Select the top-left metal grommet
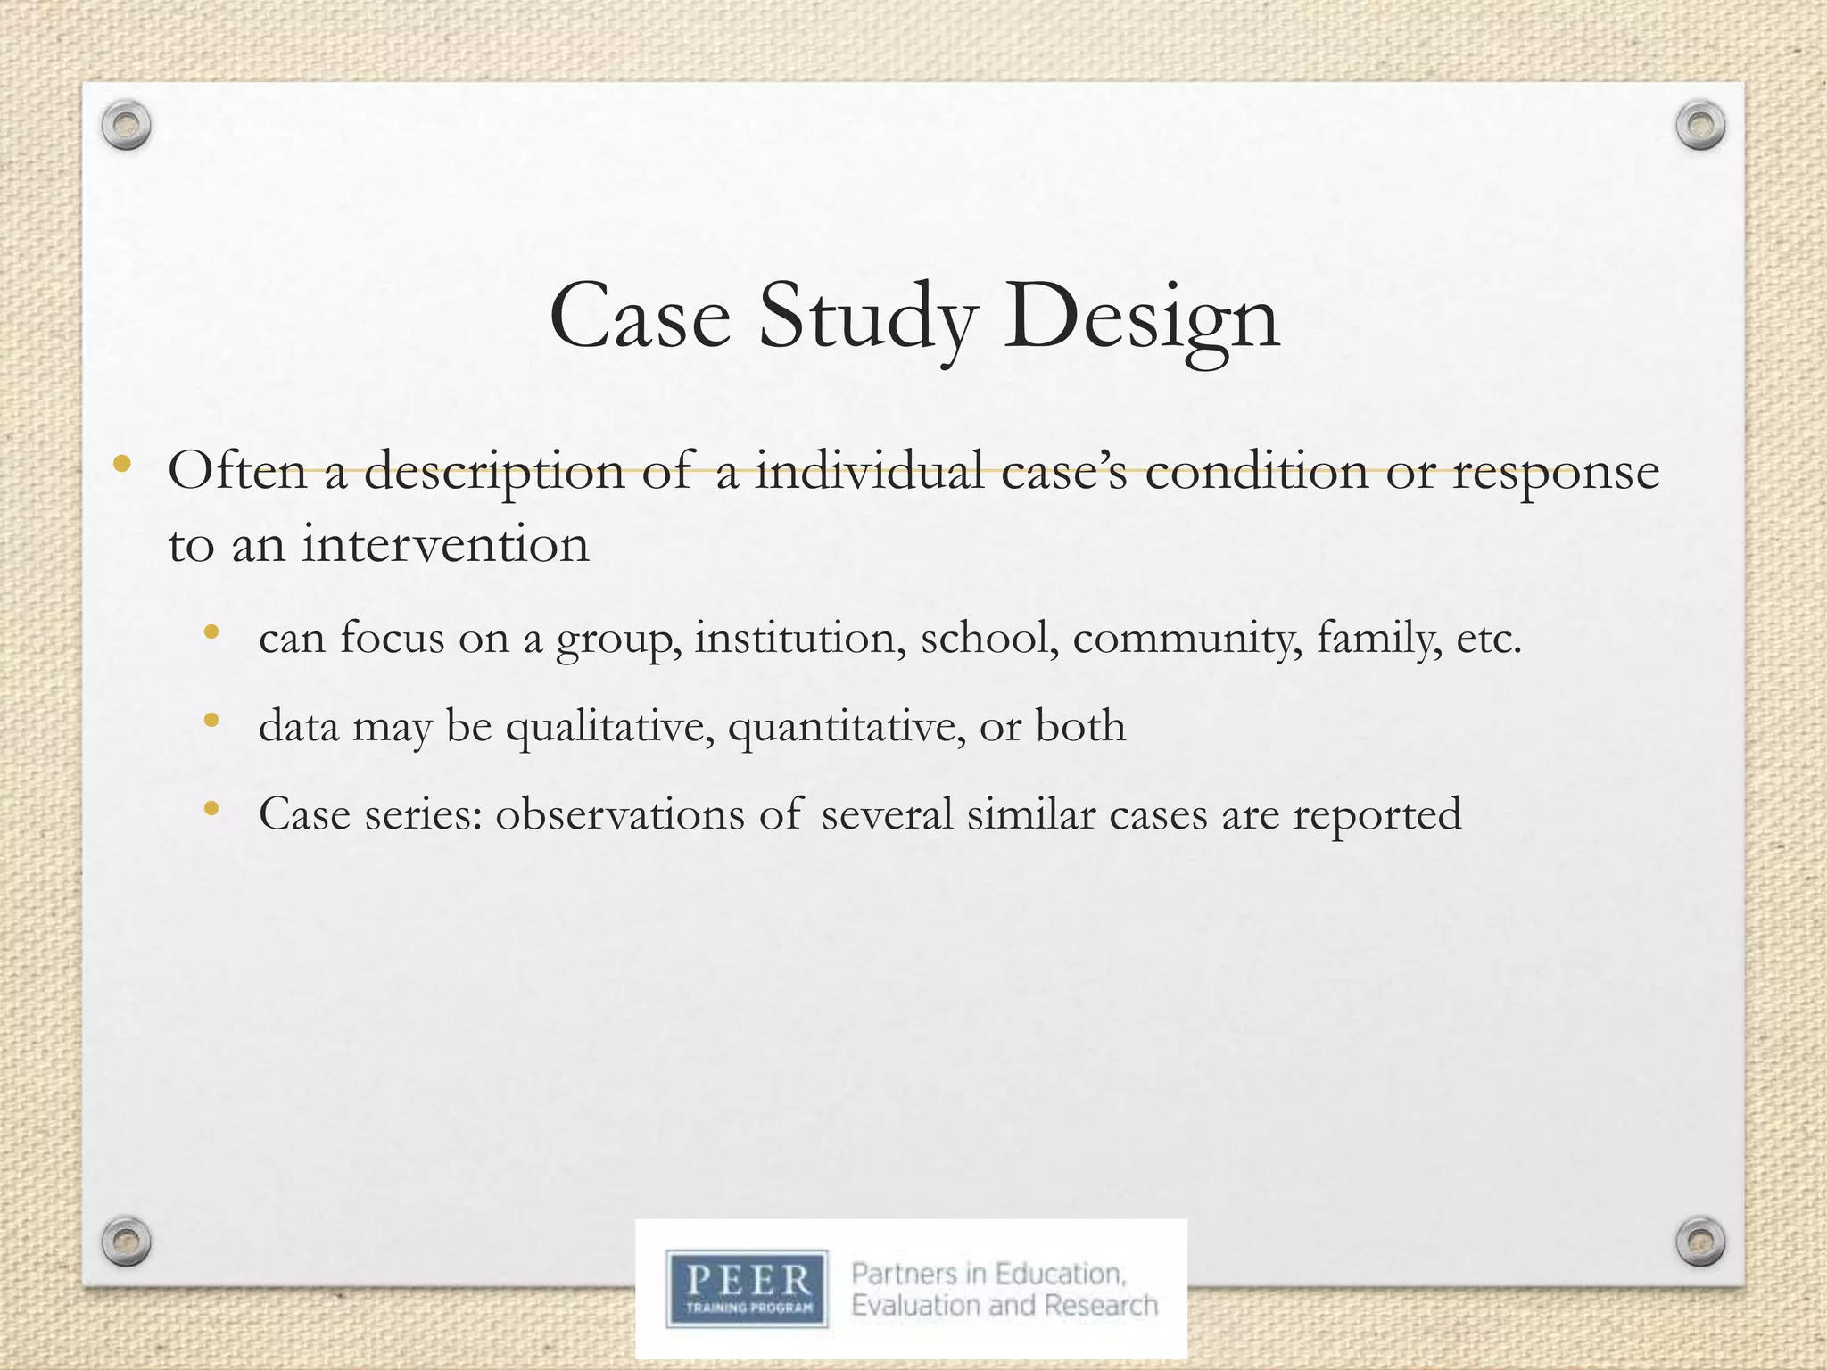[x=126, y=127]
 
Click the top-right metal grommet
[x=1700, y=127]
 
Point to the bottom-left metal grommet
[x=126, y=1238]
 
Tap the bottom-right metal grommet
[x=1700, y=1238]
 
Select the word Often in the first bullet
[x=236, y=470]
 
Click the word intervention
[x=445, y=543]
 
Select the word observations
[x=619, y=814]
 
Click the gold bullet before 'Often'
[x=122, y=465]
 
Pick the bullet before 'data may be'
[x=211, y=720]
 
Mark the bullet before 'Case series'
[x=211, y=808]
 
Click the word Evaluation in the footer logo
[x=916, y=1306]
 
